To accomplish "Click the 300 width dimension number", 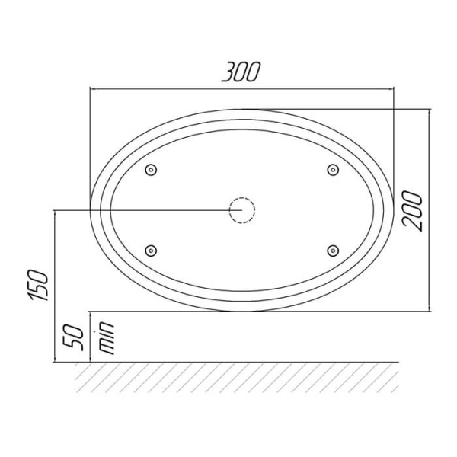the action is [x=241, y=72].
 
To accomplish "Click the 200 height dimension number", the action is [x=412, y=211].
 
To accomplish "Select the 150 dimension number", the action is [x=38, y=286].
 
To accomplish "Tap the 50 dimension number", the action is [x=73, y=337].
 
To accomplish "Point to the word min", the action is [x=107, y=338].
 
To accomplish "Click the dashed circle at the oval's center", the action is [x=242, y=210].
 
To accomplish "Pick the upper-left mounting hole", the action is [x=151, y=170].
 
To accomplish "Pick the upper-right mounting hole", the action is [x=333, y=170].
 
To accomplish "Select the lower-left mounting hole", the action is [x=151, y=251].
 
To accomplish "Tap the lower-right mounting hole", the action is [x=333, y=251].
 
